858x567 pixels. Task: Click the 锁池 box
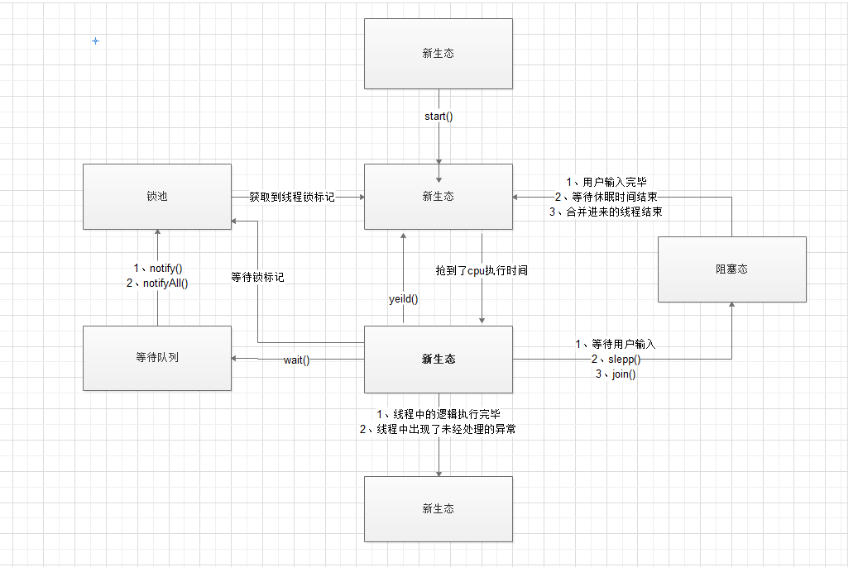(x=156, y=197)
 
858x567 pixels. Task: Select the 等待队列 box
(x=156, y=358)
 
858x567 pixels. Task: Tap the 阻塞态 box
(x=731, y=269)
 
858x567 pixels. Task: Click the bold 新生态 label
(x=439, y=359)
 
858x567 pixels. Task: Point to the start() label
(x=439, y=117)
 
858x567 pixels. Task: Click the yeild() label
(x=404, y=299)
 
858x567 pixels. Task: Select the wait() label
(x=296, y=360)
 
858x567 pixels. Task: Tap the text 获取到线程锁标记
(x=292, y=198)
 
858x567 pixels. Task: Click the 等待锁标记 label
(x=257, y=278)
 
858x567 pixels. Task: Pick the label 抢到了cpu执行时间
(x=482, y=270)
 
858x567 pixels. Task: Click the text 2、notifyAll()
(x=157, y=283)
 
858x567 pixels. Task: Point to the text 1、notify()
(x=157, y=269)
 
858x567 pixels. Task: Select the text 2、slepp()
(x=616, y=360)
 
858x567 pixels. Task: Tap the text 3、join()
(x=616, y=374)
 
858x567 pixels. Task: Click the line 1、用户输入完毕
(x=606, y=182)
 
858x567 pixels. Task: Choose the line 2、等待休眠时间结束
(x=606, y=197)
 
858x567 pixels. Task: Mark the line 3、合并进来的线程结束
(x=606, y=212)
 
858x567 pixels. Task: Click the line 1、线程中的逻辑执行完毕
(x=439, y=414)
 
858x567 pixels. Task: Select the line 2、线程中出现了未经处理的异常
(x=439, y=429)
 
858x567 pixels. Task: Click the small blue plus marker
(x=95, y=40)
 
